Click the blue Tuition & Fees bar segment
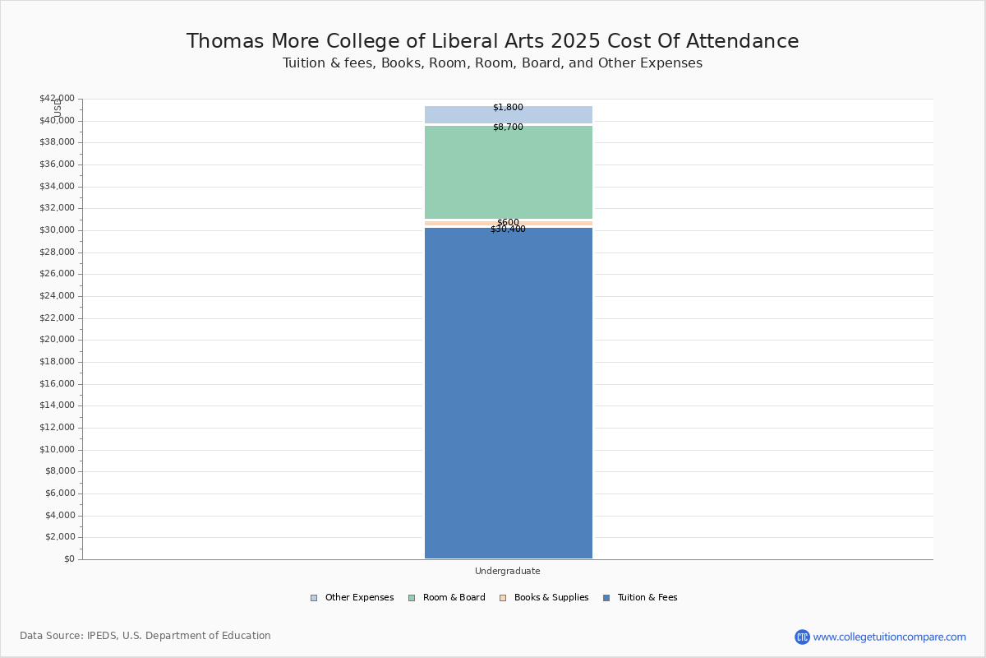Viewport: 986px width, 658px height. point(509,393)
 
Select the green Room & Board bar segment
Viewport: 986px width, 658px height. point(509,173)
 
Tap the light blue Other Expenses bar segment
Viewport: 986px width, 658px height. point(509,114)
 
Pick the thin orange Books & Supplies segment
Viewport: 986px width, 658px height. point(509,224)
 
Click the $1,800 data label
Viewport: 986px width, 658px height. point(508,107)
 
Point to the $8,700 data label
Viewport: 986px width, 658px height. point(508,127)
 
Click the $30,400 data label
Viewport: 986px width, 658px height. point(508,229)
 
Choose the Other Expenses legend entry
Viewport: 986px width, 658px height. point(352,598)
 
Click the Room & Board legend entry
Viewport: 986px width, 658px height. point(447,598)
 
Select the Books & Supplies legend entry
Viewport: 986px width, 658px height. point(544,598)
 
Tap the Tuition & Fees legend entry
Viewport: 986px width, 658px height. point(640,598)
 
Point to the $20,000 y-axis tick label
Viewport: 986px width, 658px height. point(58,340)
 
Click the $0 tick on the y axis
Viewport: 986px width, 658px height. point(70,558)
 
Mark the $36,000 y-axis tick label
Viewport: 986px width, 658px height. point(58,164)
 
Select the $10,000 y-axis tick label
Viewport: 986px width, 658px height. point(58,449)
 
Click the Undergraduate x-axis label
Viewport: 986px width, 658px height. point(508,571)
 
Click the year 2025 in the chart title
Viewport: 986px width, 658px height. point(575,41)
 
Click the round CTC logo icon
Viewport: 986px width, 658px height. point(802,637)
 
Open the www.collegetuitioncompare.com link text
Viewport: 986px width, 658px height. point(890,637)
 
